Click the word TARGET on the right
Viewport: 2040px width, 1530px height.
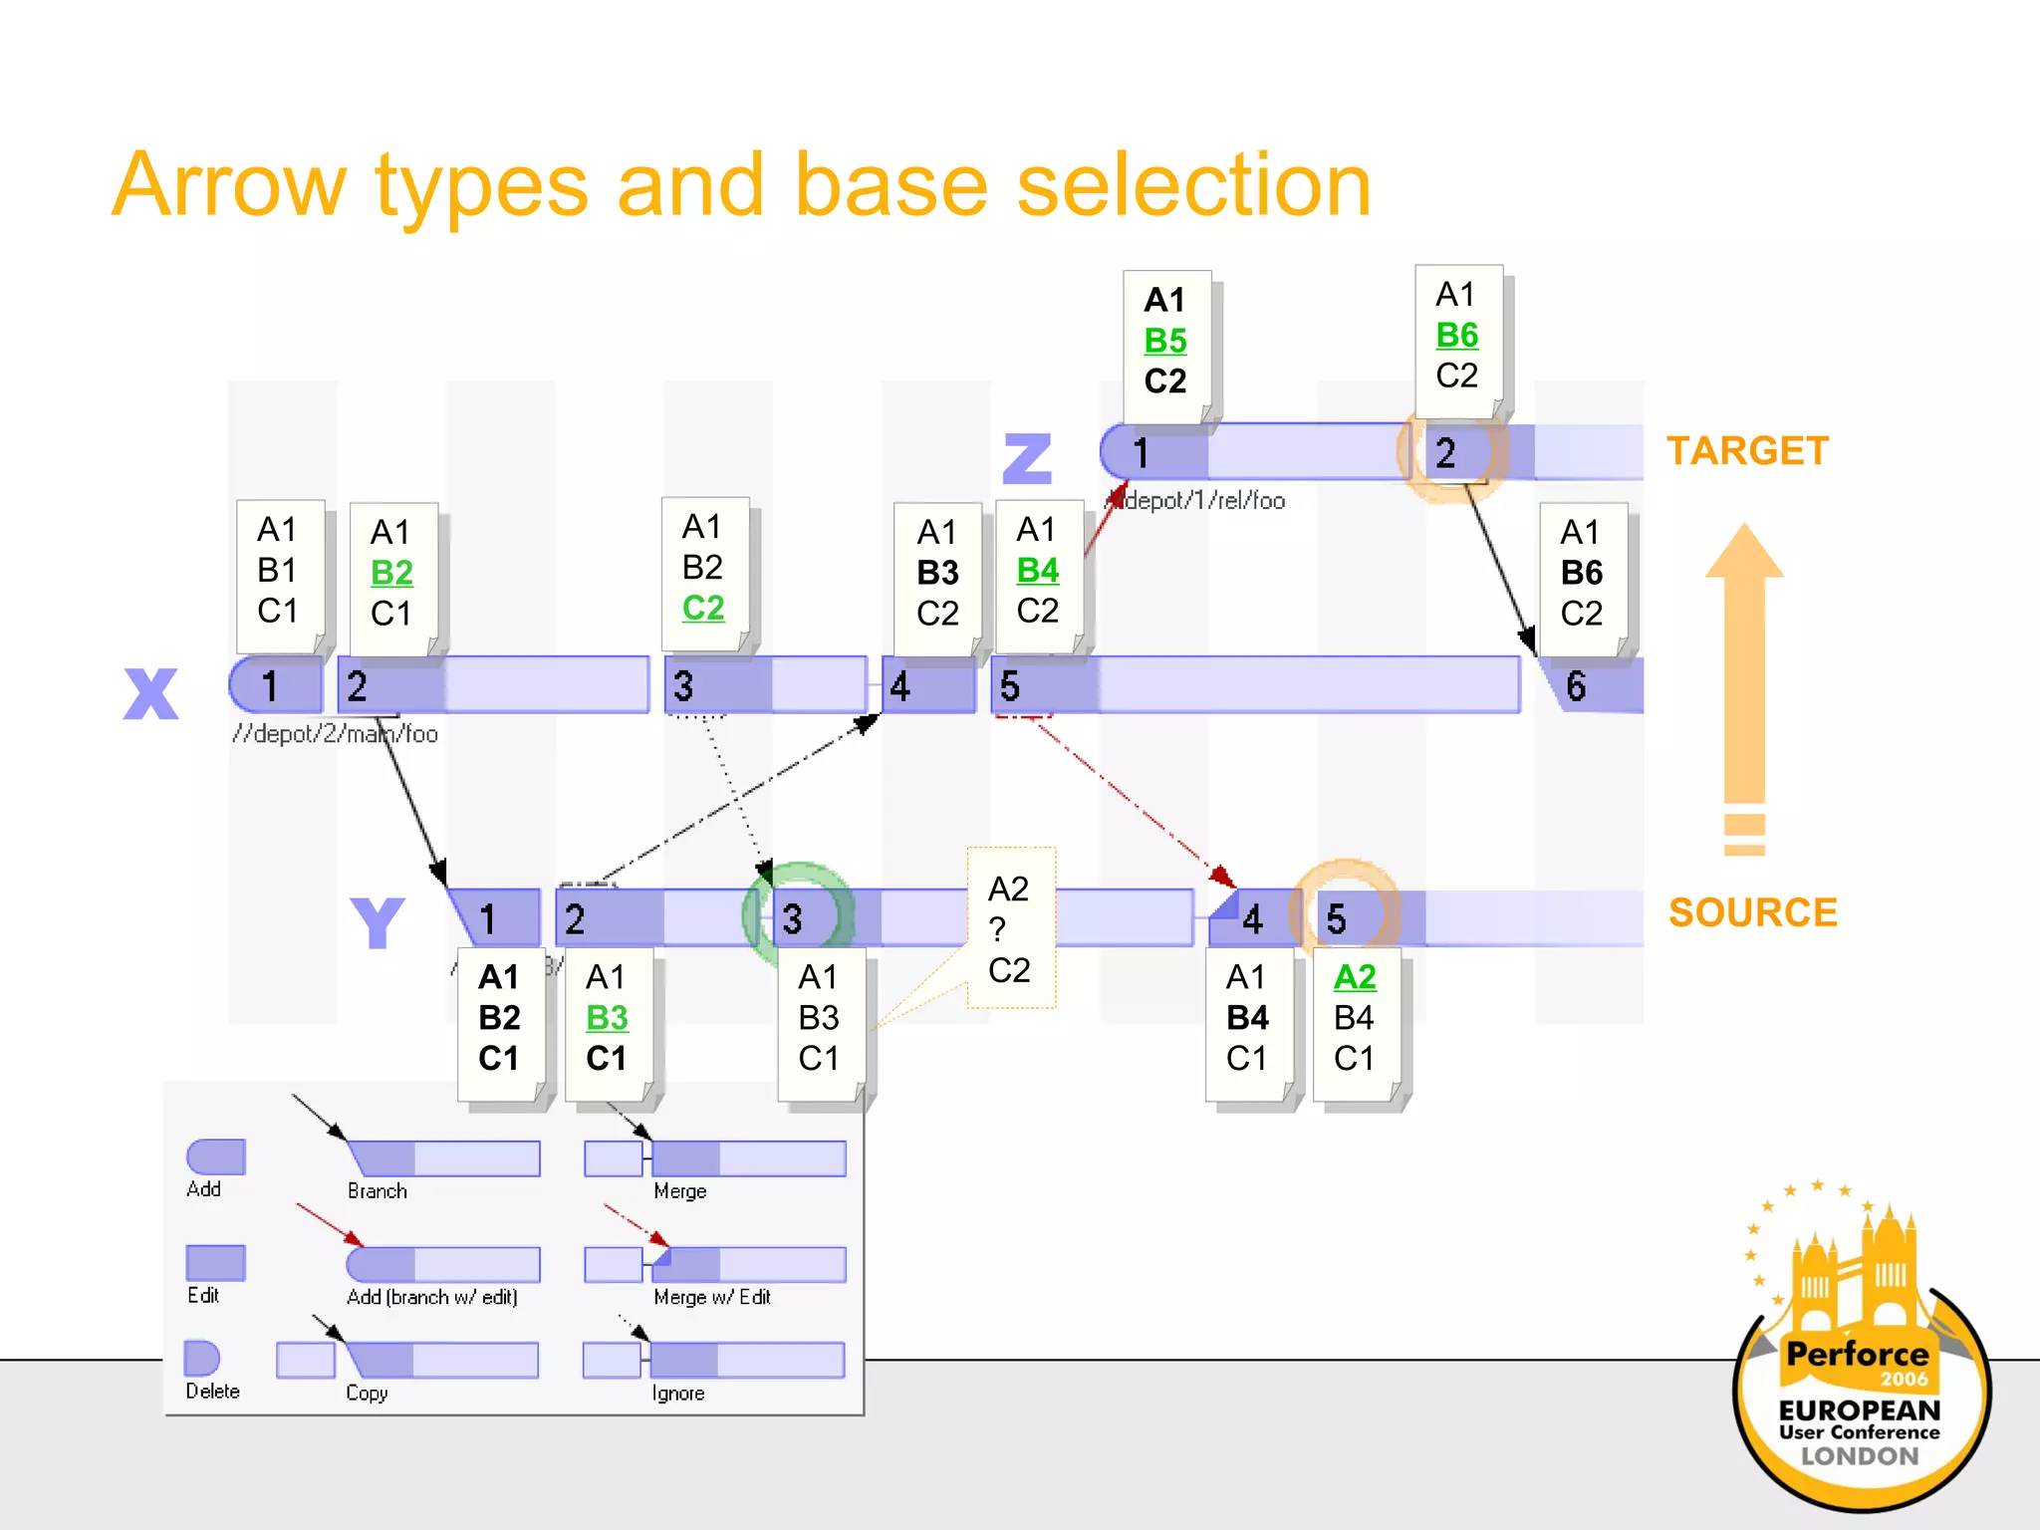pyautogui.click(x=1747, y=451)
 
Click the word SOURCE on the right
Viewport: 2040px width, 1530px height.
pyautogui.click(x=1752, y=912)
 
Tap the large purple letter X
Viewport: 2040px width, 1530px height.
pyautogui.click(x=150, y=693)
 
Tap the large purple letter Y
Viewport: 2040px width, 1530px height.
pyautogui.click(x=377, y=923)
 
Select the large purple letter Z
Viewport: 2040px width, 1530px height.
pyautogui.click(x=1027, y=458)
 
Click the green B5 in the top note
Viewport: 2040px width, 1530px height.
pyautogui.click(x=1164, y=341)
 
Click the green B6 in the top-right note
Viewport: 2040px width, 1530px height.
pyautogui.click(x=1456, y=336)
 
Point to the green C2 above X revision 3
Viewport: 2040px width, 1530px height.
pyautogui.click(x=702, y=608)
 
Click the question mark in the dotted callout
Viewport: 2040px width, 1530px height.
pyautogui.click(x=997, y=929)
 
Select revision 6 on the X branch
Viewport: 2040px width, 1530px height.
pyautogui.click(x=1575, y=686)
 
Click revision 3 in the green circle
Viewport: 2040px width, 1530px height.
pyautogui.click(x=793, y=918)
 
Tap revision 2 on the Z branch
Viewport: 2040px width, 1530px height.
pyautogui.click(x=1445, y=453)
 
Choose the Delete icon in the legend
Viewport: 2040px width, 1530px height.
pyautogui.click(x=202, y=1359)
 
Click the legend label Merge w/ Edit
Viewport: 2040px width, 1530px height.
pyautogui.click(x=711, y=1297)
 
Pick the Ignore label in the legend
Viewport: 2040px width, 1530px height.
pyautogui.click(x=677, y=1394)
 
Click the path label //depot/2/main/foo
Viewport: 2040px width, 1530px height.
pyautogui.click(x=335, y=734)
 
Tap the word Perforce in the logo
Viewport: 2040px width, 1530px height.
pyautogui.click(x=1857, y=1354)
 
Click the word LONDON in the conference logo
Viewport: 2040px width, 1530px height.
pyautogui.click(x=1859, y=1456)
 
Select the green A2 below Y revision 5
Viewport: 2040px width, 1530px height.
pyautogui.click(x=1354, y=977)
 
